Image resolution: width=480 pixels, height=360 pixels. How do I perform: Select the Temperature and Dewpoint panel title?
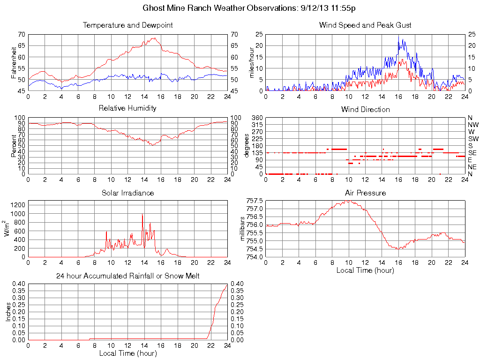pos(127,25)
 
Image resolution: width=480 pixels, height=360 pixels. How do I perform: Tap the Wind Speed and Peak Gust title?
pos(365,25)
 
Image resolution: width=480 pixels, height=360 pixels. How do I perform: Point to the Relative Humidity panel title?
pos(127,108)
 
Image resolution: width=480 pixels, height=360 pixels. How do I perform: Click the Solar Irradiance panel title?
pos(127,193)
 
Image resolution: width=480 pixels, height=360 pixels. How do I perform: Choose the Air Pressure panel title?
pos(365,193)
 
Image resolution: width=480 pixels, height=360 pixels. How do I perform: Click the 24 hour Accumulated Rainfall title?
pos(127,276)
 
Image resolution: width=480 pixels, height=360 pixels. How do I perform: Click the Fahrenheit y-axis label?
pos(14,62)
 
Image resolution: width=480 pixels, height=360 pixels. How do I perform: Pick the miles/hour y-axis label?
pos(251,62)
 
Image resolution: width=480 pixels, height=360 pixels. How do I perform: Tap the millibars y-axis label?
pos(242,229)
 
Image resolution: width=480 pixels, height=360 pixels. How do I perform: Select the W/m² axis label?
pos(8,229)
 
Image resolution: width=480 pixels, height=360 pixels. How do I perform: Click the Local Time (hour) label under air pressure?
pos(365,270)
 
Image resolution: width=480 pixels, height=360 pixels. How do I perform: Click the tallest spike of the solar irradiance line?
pos(142,214)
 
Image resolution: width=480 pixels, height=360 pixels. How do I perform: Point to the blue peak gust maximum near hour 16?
pos(398,36)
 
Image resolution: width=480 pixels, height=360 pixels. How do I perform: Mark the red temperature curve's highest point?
pos(154,37)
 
